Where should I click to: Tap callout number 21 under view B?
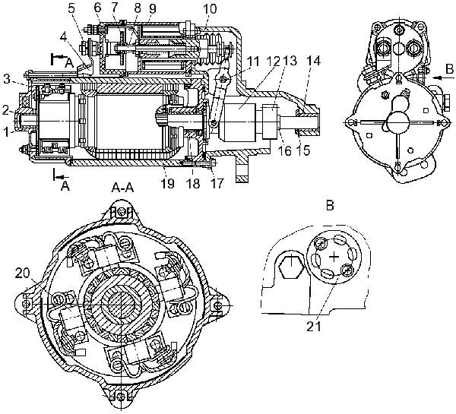[314, 326]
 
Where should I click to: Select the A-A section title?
[122, 188]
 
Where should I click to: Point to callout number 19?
[167, 183]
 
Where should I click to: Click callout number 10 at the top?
[210, 8]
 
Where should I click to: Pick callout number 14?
[313, 61]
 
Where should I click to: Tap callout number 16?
[283, 150]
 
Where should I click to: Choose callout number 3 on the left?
[7, 79]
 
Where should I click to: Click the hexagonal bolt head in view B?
[290, 267]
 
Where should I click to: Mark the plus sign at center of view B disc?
[334, 257]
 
